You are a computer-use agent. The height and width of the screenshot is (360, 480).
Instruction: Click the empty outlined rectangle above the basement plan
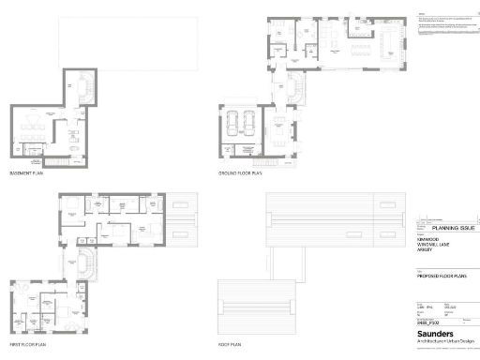pyautogui.click(x=128, y=44)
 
